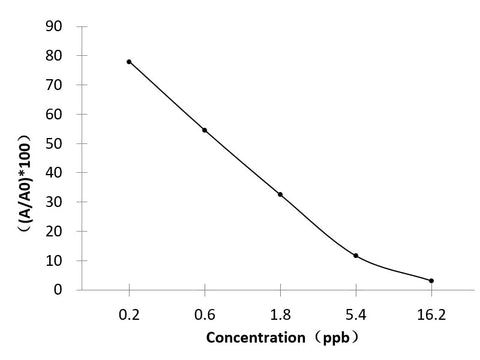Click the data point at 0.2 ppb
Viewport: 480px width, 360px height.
click(x=129, y=62)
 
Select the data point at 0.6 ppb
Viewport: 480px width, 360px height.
click(x=205, y=130)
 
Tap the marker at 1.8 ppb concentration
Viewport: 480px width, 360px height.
click(x=280, y=194)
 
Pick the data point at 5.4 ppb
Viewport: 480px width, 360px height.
click(x=356, y=256)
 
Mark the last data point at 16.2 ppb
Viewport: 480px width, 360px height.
click(x=431, y=281)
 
